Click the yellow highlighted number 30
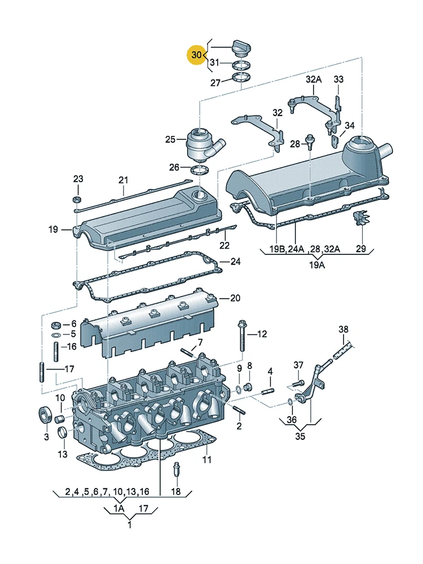pyautogui.click(x=196, y=55)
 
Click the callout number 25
pyautogui.click(x=170, y=139)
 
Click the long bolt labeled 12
pyautogui.click(x=241, y=336)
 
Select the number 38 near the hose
pyautogui.click(x=343, y=329)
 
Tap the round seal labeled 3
pyautogui.click(x=45, y=417)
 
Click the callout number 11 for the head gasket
pyautogui.click(x=207, y=459)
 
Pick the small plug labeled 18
pyautogui.click(x=176, y=469)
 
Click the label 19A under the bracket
pyautogui.click(x=317, y=265)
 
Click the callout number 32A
pyautogui.click(x=314, y=79)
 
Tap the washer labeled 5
pyautogui.click(x=56, y=335)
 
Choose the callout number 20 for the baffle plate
pyautogui.click(x=235, y=298)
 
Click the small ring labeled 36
pyautogui.click(x=290, y=401)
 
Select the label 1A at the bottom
pyautogui.click(x=118, y=508)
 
